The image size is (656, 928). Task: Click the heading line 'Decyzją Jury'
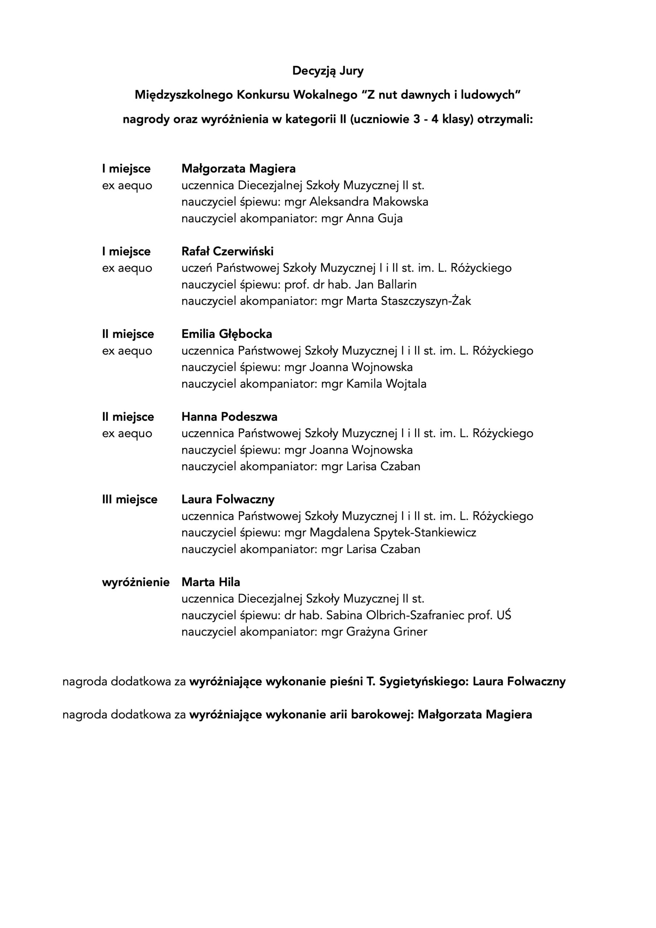[x=328, y=71]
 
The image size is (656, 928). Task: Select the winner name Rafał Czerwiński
[x=227, y=252]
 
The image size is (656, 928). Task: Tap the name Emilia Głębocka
[x=227, y=334]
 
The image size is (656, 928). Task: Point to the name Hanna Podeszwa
[x=229, y=417]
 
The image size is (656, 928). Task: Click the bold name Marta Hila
[x=211, y=582]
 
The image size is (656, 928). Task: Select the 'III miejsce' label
[x=129, y=500]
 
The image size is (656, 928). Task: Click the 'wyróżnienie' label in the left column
[x=136, y=583]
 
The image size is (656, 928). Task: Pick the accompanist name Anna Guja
[x=374, y=219]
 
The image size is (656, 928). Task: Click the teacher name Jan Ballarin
[x=385, y=285]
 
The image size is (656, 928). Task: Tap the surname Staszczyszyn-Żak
[x=425, y=301]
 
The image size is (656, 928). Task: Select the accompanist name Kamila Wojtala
[x=386, y=384]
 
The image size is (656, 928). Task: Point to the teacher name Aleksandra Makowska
[x=369, y=202]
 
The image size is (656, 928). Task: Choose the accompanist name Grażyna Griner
[x=386, y=632]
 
